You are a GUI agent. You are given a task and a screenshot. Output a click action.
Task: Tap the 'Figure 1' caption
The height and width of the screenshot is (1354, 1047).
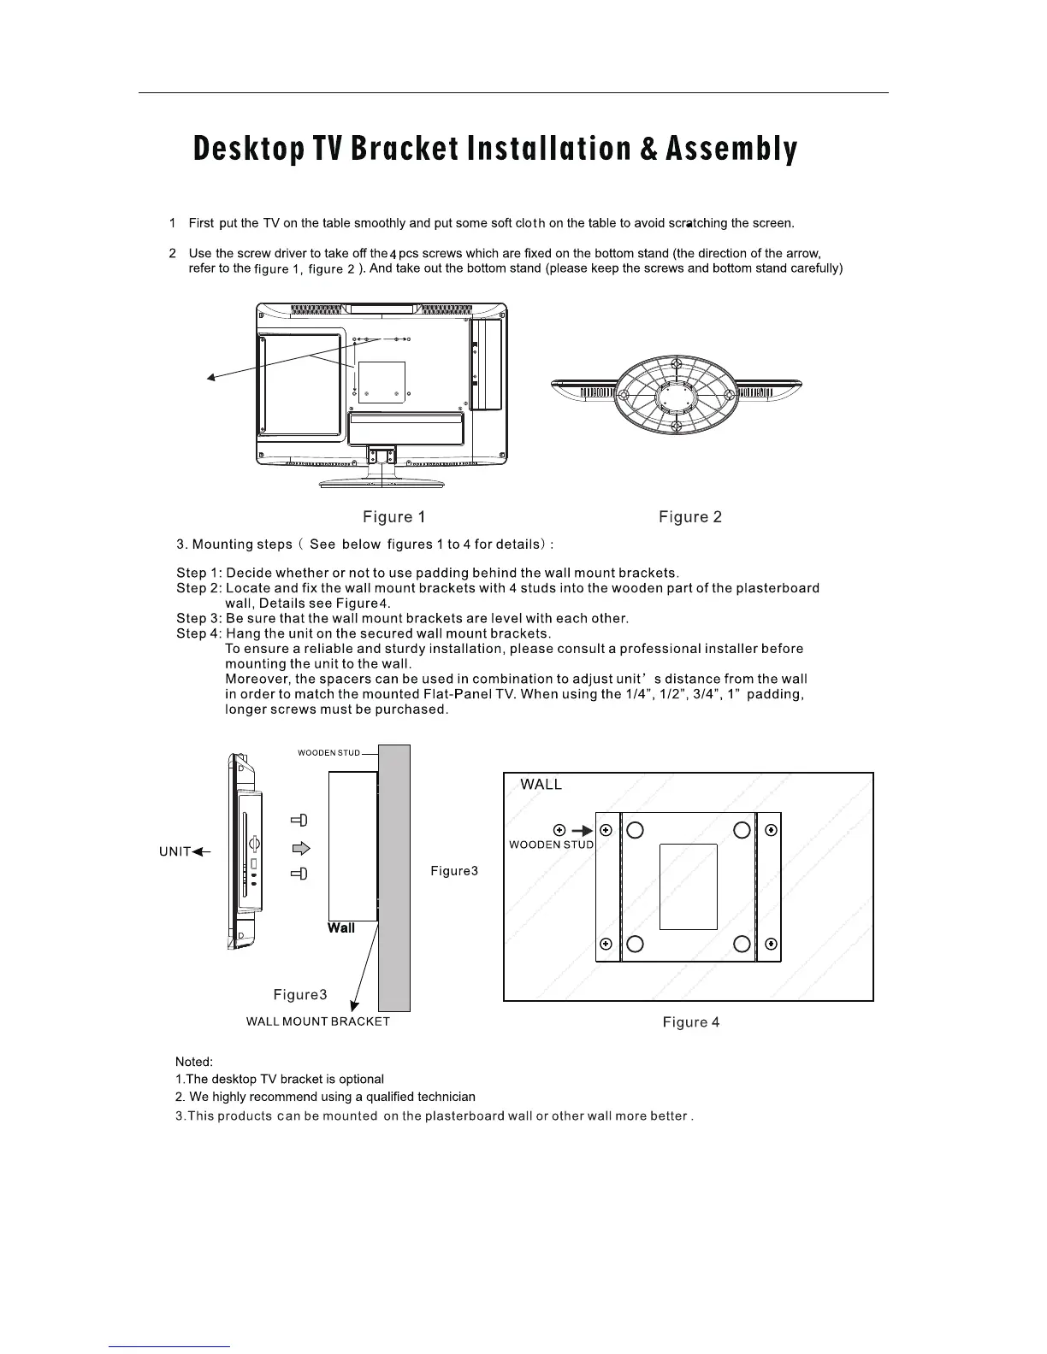[393, 517]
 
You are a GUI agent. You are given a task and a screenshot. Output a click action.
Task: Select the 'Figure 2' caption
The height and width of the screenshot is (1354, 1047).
[689, 517]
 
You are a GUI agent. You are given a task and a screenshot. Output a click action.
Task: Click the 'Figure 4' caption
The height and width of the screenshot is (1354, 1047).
[690, 1022]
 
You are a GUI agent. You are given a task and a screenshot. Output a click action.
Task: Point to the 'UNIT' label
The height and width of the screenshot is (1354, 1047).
[174, 852]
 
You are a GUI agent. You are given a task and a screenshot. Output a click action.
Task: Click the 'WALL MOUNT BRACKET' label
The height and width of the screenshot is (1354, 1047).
[317, 1021]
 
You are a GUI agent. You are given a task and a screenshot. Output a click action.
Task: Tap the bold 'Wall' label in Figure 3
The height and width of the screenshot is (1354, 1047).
[340, 928]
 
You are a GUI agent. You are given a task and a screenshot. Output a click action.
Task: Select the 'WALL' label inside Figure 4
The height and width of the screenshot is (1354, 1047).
[541, 785]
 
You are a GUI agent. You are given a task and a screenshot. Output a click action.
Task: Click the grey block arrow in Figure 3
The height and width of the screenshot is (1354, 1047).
[300, 848]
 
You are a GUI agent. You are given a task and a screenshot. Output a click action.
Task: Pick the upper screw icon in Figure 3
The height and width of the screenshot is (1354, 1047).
[299, 821]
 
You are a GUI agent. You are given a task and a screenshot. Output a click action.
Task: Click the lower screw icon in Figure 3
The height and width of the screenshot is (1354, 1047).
[299, 874]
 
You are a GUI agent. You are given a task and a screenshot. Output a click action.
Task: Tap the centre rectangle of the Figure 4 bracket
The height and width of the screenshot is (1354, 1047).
[688, 886]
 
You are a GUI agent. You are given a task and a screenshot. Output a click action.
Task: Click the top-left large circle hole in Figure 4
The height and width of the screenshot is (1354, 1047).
[635, 830]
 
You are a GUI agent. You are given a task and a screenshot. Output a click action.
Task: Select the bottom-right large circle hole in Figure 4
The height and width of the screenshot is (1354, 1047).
[742, 944]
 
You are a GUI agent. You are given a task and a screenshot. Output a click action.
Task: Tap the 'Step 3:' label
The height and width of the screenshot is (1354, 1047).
[199, 619]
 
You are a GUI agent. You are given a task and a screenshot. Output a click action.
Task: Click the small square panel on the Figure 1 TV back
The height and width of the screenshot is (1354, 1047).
[382, 381]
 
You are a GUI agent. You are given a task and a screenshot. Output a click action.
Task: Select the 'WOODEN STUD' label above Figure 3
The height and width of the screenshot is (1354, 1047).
[328, 753]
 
